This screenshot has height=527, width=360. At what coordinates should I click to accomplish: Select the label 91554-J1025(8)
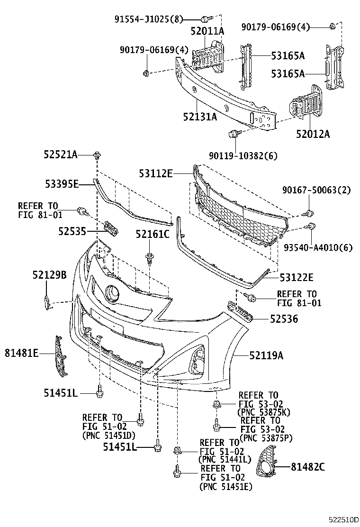pyautogui.click(x=148, y=19)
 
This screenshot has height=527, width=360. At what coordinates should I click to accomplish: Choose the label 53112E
pyautogui.click(x=156, y=173)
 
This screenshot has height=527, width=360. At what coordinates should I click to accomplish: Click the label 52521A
pyautogui.click(x=59, y=154)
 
